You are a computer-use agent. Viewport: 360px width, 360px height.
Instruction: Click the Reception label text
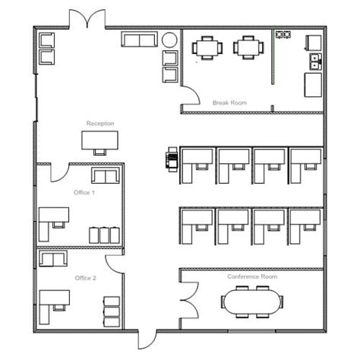[x=99, y=123]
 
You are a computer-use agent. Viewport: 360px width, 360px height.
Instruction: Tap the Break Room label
[x=229, y=103]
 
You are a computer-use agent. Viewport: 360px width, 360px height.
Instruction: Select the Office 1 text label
[x=84, y=192]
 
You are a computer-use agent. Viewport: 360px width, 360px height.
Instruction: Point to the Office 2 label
[x=85, y=278]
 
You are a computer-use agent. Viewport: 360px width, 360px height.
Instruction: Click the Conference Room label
[x=252, y=276]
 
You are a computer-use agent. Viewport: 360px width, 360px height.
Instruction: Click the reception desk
[x=100, y=139]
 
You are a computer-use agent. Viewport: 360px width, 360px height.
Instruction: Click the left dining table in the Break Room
[x=207, y=48]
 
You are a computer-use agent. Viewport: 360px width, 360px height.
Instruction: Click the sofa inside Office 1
[x=105, y=176]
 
